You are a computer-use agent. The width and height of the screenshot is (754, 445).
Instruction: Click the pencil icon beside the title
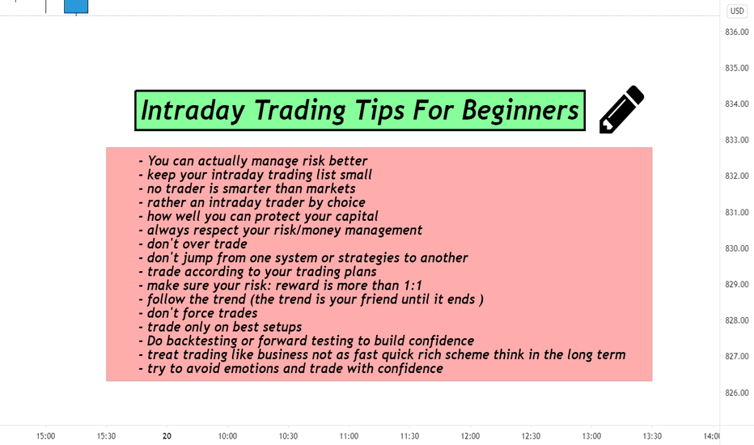[x=621, y=109]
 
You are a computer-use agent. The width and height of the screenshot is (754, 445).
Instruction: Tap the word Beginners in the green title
[x=520, y=110]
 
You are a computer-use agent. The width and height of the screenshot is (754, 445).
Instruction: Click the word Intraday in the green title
[x=193, y=110]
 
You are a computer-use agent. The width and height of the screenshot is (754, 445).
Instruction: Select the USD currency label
[x=737, y=11]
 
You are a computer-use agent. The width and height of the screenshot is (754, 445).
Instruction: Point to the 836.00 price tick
[x=737, y=32]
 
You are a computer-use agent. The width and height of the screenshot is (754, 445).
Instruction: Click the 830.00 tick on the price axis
[x=737, y=248]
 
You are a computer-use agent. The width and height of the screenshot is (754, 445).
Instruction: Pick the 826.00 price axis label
[x=737, y=392]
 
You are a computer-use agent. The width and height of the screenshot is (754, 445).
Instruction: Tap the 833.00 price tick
[x=737, y=140]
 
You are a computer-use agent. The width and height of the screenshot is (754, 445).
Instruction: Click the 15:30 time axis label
[x=106, y=436]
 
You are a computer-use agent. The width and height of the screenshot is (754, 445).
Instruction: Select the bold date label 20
[x=167, y=436]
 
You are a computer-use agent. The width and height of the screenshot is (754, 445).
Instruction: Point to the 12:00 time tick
[x=470, y=436]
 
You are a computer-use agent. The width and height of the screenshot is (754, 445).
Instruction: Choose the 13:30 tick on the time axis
[x=652, y=436]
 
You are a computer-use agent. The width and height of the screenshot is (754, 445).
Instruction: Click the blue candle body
[x=76, y=6]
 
